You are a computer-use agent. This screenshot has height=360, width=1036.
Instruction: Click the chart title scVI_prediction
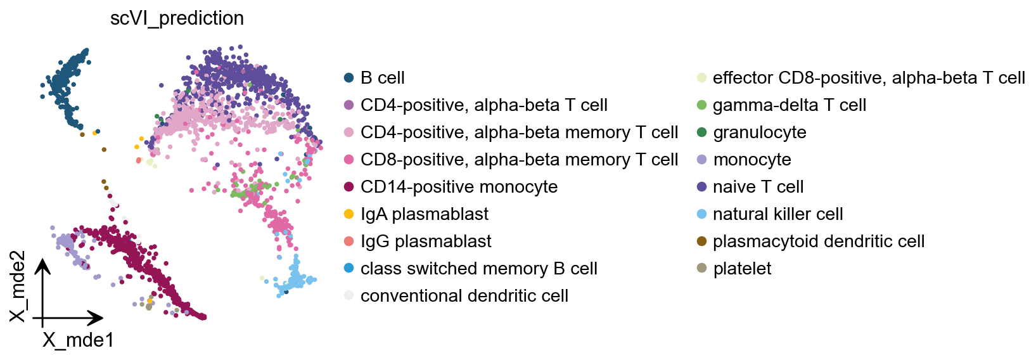177,18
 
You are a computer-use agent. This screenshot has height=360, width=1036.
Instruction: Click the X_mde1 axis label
78,340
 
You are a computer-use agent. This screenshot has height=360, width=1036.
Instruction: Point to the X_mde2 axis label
18,286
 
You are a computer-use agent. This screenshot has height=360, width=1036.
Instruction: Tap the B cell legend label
382,78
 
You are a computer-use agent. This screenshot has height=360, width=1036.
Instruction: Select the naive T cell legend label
758,187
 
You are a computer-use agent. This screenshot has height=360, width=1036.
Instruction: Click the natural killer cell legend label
777,214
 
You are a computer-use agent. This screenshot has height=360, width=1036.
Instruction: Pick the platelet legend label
742,269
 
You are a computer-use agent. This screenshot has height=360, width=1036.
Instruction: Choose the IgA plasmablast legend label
424,214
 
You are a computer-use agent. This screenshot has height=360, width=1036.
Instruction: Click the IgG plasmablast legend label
426,241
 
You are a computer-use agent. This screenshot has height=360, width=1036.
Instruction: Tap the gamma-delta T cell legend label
789,105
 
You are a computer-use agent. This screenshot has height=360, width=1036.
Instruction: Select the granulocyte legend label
759,132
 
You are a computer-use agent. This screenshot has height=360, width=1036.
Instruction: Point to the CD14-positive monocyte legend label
459,187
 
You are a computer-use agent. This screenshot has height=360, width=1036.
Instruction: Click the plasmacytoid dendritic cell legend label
818,241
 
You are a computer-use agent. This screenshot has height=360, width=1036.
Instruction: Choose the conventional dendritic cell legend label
464,296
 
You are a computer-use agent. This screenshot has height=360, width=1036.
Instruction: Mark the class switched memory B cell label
478,269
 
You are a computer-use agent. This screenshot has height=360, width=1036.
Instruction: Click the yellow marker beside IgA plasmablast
349,214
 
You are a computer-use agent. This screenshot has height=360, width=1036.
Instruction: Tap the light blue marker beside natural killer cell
701,214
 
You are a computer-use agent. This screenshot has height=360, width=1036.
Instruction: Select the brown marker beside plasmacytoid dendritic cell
701,241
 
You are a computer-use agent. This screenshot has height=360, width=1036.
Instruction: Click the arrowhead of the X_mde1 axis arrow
99,318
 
